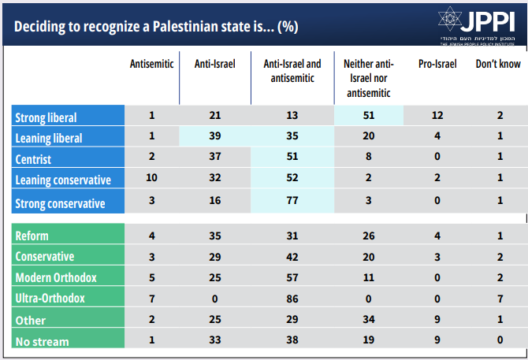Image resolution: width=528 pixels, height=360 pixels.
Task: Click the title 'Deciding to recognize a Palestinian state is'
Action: pos(155,26)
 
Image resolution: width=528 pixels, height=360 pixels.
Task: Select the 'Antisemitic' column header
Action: pos(151,64)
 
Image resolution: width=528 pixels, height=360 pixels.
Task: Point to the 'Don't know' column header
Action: pos(497,64)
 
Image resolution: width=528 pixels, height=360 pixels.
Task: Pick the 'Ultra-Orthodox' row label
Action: pos(50,299)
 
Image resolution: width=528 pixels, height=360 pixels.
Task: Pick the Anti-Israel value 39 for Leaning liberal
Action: pos(214,137)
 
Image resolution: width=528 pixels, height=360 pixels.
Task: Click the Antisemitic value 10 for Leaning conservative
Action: pos(151,179)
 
